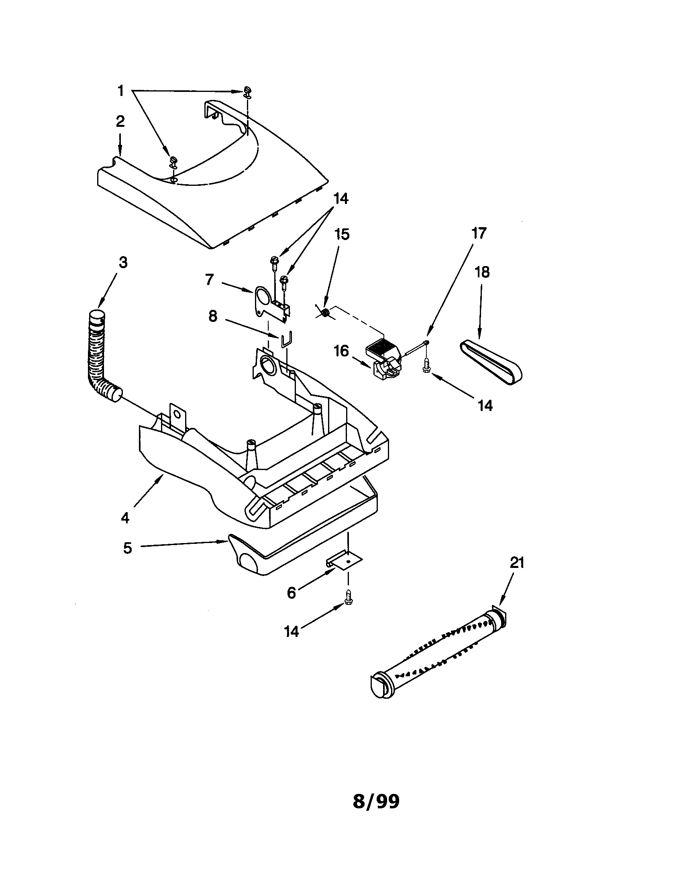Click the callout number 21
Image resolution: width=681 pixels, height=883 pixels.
pyautogui.click(x=517, y=563)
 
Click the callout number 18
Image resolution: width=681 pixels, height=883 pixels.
pyautogui.click(x=481, y=273)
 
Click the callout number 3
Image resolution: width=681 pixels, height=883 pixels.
pyautogui.click(x=123, y=262)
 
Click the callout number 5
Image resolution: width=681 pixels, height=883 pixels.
pyautogui.click(x=127, y=549)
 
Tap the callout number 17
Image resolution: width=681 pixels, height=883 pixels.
pyautogui.click(x=479, y=233)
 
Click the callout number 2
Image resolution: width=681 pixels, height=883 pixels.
pyautogui.click(x=120, y=122)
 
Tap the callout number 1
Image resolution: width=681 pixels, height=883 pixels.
pyautogui.click(x=120, y=91)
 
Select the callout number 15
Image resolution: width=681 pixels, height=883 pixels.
pyautogui.click(x=342, y=234)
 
